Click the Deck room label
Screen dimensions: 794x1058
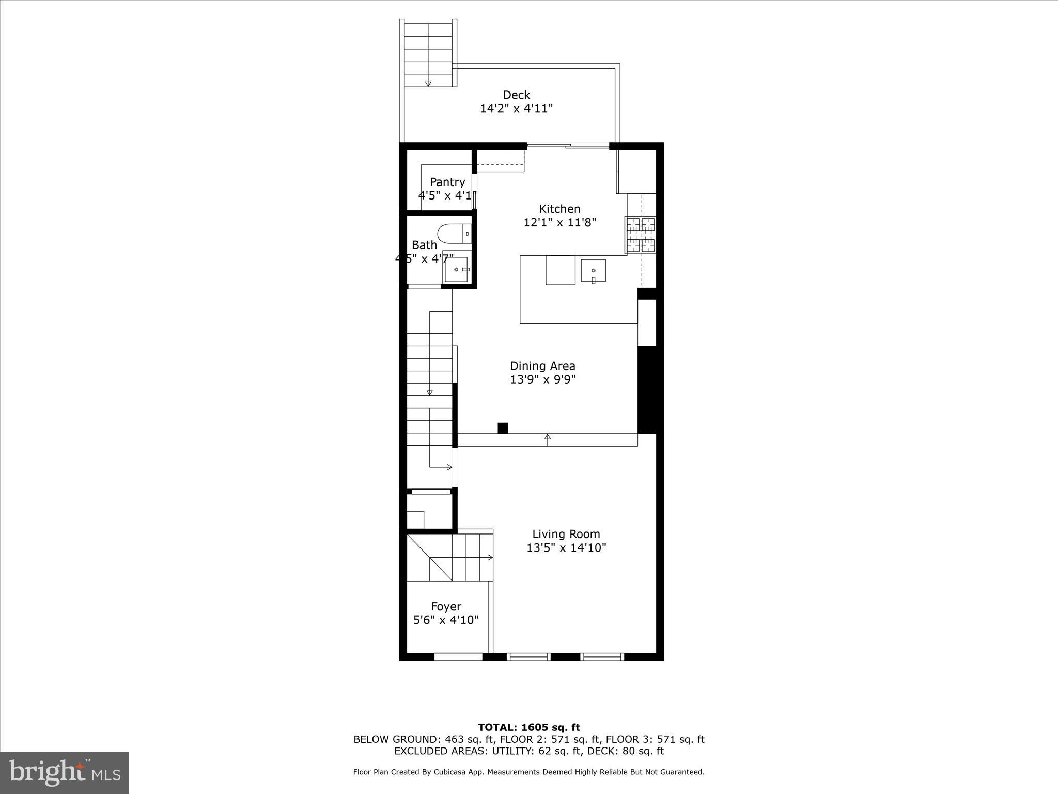pos(516,95)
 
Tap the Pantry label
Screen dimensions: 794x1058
pos(447,182)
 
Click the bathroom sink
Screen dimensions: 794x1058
pos(457,269)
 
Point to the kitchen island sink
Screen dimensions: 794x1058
pos(593,271)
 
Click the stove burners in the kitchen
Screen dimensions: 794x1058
pos(641,235)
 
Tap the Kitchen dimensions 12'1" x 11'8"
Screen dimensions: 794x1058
pos(559,223)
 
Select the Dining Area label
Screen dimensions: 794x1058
pos(542,366)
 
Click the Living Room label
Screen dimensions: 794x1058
pos(566,534)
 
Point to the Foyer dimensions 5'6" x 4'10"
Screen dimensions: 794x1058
pos(446,620)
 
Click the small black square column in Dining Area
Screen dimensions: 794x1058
pos(503,428)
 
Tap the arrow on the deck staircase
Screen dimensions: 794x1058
pos(428,83)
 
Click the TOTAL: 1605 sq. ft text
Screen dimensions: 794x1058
pos(528,728)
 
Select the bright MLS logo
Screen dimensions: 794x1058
pos(65,772)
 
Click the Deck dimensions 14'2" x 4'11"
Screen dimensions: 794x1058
pos(516,109)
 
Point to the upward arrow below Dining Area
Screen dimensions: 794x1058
pos(548,438)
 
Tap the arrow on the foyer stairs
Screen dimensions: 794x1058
pos(489,557)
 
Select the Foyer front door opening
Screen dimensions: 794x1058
pos(458,656)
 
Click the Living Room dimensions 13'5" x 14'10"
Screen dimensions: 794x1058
pos(566,547)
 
